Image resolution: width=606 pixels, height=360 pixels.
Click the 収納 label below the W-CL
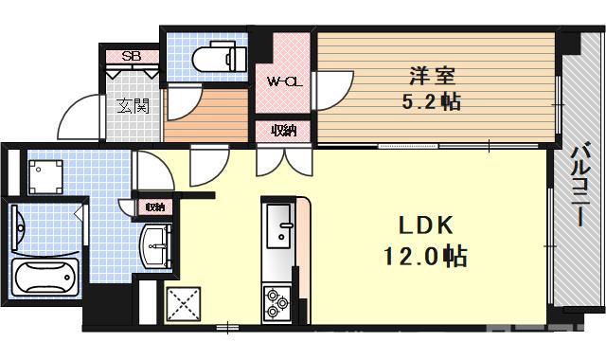[x=283, y=131]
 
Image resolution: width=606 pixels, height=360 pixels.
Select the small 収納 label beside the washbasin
[x=153, y=207]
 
